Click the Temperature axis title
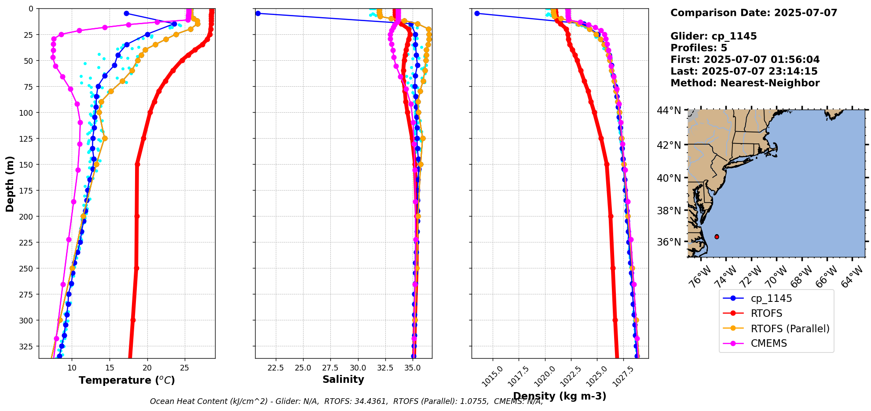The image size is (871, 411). (x=127, y=380)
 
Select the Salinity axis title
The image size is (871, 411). (x=343, y=379)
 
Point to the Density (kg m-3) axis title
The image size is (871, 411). (x=560, y=396)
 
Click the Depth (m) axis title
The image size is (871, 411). (x=10, y=183)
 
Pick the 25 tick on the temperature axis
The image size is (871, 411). (x=185, y=367)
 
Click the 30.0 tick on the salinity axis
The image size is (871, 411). (x=358, y=367)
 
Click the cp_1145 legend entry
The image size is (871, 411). (x=771, y=298)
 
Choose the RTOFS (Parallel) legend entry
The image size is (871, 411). (x=790, y=329)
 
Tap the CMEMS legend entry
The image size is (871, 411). (x=769, y=343)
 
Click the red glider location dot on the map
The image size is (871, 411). (x=717, y=237)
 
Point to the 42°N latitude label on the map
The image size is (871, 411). (x=669, y=145)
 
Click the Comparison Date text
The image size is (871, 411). (x=754, y=13)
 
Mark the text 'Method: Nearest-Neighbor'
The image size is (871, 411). (x=745, y=83)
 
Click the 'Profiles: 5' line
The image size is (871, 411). (x=699, y=48)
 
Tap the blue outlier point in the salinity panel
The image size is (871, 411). (x=258, y=13)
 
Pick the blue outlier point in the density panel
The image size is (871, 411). (x=477, y=13)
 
